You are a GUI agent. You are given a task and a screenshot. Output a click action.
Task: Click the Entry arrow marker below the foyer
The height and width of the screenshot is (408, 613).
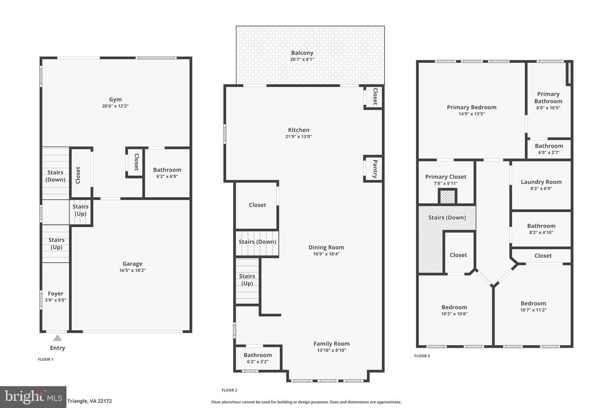click(57, 338)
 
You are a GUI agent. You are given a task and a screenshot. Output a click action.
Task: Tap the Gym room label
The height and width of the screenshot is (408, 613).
click(115, 99)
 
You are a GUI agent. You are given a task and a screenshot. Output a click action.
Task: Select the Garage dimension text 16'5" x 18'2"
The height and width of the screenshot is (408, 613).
click(132, 270)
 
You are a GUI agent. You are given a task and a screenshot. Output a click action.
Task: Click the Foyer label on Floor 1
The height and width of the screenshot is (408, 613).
click(56, 294)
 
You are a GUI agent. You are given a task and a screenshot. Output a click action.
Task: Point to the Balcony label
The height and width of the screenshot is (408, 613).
click(302, 53)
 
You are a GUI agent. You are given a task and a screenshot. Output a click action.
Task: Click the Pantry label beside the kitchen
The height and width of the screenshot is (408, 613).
click(375, 169)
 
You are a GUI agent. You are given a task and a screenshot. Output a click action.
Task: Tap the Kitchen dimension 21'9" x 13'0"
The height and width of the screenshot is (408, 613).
click(298, 137)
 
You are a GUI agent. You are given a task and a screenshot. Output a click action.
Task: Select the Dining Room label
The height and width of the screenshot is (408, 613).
click(326, 247)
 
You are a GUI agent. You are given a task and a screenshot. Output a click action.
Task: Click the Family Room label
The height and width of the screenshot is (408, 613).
click(332, 344)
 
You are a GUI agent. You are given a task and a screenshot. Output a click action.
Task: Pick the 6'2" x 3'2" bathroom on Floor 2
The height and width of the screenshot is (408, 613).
click(258, 358)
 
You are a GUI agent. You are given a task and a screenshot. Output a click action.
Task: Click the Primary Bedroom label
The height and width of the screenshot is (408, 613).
click(472, 108)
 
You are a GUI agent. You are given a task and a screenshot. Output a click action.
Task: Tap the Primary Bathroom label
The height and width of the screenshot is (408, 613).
click(548, 98)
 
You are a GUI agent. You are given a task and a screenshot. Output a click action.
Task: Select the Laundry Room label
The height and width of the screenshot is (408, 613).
click(541, 182)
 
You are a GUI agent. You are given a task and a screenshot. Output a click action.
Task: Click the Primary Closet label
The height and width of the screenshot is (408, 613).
click(446, 177)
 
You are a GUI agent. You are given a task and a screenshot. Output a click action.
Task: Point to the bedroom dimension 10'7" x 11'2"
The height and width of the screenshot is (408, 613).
click(533, 310)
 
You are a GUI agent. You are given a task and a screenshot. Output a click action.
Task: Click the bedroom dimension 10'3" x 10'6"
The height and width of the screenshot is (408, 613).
click(454, 314)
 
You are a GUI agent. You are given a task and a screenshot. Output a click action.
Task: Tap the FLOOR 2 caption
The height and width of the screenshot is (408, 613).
click(229, 390)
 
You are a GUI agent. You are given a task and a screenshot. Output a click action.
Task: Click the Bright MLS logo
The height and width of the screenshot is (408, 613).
click(33, 397)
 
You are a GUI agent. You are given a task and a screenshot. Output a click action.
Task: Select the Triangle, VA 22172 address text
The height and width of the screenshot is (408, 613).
click(89, 401)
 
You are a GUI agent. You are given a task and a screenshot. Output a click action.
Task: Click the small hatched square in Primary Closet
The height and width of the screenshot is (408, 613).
click(447, 197)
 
